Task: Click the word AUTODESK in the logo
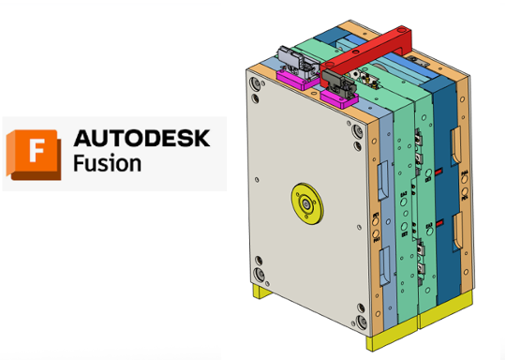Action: tap(142, 138)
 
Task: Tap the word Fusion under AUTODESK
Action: tap(107, 163)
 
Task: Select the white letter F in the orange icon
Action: tap(37, 150)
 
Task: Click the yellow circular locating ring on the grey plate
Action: tap(307, 203)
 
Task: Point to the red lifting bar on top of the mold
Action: tap(366, 54)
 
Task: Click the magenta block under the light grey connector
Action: tap(298, 80)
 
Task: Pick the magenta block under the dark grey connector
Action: tap(339, 98)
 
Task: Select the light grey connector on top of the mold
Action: tap(295, 62)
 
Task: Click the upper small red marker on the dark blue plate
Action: tap(439, 172)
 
